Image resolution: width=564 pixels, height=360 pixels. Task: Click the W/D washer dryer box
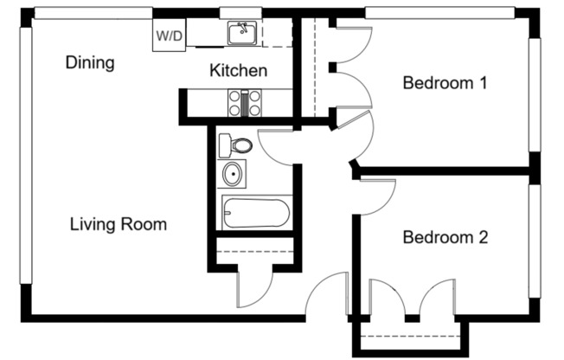[168, 36]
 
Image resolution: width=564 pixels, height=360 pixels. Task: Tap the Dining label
[90, 63]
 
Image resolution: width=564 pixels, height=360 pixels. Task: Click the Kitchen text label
[239, 71]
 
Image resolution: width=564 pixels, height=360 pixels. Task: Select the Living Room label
[118, 225]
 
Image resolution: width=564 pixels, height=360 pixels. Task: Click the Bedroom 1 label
[445, 84]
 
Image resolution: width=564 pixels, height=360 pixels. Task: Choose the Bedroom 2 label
[445, 237]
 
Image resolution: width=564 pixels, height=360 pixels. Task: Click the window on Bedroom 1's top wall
[445, 13]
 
